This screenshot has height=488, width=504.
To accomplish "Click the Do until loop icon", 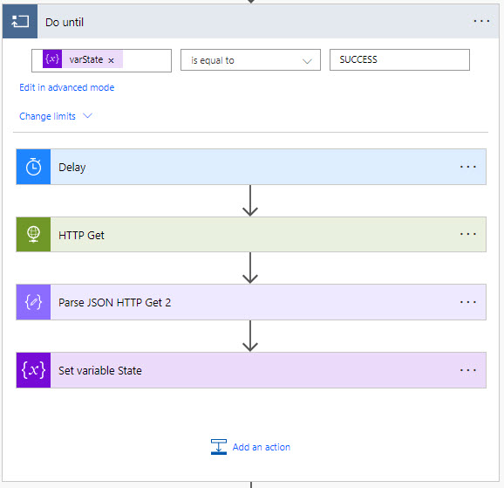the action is tap(20, 22).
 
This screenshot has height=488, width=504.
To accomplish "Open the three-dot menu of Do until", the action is tap(481, 21).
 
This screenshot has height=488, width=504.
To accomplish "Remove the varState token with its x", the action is tap(111, 60).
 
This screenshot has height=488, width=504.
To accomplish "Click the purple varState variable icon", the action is tap(52, 58).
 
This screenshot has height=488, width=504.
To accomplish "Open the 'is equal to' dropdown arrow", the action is tap(307, 61).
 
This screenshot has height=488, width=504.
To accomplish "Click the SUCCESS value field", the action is tap(399, 59).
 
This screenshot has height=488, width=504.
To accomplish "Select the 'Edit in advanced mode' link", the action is tap(67, 87).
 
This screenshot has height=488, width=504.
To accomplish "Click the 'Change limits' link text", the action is tap(48, 116).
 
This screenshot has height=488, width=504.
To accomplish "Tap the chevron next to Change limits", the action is tap(87, 115).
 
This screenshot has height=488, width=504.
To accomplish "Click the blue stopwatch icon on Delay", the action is tap(33, 167).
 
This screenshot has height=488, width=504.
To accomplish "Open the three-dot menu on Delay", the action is tap(467, 167).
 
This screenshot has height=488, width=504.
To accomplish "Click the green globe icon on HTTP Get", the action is tap(33, 234).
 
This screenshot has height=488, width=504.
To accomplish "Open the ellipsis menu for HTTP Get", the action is tap(467, 234).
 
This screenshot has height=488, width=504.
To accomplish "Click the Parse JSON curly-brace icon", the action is tap(33, 302).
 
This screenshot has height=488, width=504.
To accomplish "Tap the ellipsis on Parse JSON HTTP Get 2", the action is tap(467, 302).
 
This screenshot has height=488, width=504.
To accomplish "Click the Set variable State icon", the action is tap(33, 370).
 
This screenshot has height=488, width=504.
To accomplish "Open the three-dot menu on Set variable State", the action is tap(467, 370).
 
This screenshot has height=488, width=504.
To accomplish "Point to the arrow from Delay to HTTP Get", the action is tap(250, 201).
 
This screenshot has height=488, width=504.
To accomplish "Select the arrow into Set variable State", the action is tap(250, 336).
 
